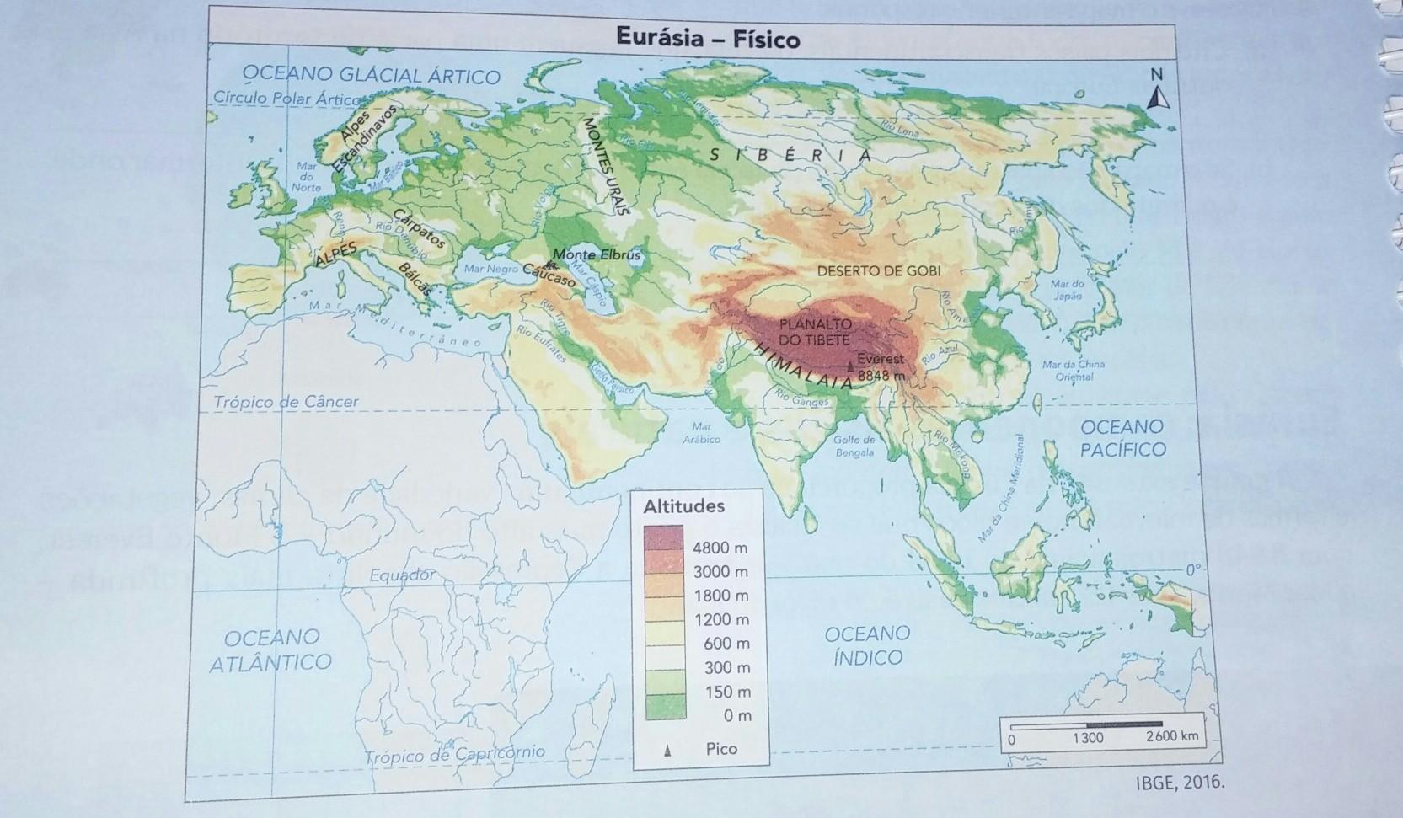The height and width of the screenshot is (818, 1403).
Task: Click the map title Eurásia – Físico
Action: [x=707, y=39]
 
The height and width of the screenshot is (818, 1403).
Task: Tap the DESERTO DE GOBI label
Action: [x=878, y=271]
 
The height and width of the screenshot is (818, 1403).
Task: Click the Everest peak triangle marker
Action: [x=849, y=366]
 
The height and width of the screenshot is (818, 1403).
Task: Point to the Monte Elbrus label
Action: [x=597, y=254]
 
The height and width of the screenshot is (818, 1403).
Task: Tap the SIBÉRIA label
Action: [x=790, y=156]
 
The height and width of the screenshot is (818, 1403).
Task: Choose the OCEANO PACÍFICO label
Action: [x=1122, y=438]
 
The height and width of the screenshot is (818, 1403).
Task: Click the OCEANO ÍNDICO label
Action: [x=867, y=645]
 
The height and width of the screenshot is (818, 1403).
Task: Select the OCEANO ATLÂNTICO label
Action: [x=270, y=650]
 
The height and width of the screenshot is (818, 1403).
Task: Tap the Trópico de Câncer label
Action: [x=286, y=403]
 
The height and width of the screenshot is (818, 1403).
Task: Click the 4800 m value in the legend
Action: [x=720, y=548]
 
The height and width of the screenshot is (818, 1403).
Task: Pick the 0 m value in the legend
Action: [x=737, y=716]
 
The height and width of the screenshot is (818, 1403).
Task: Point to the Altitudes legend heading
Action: [x=683, y=507]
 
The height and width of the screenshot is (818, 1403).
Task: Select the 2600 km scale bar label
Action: [x=1171, y=736]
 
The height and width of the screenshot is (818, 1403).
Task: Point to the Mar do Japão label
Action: [x=1067, y=291]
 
